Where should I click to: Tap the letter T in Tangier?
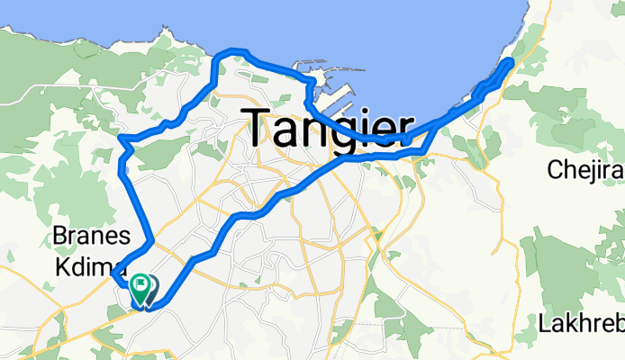(261, 128)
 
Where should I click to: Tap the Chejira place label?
(585, 169)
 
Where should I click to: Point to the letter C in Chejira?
(556, 169)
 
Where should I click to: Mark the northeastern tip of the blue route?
(510, 61)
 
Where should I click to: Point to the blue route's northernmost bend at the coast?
(232, 51)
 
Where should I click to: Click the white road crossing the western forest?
(54, 90)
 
